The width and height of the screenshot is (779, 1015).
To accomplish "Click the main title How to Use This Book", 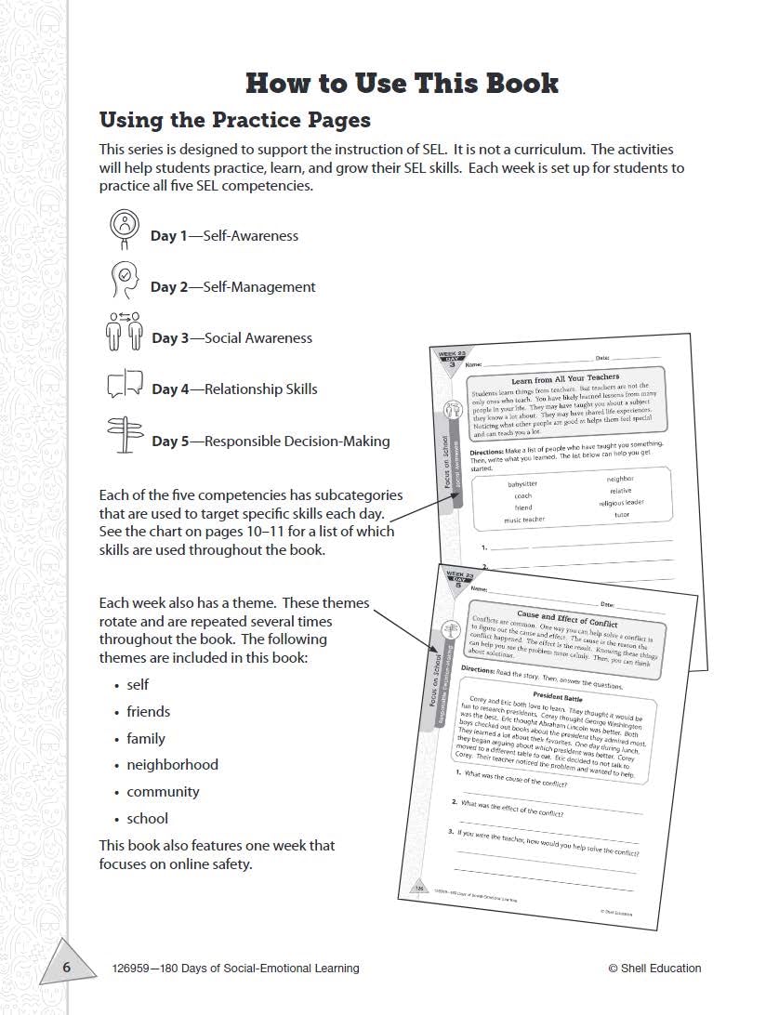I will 402,83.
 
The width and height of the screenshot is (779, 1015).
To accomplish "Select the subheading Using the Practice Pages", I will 234,120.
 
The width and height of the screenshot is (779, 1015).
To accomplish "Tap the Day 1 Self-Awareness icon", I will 124,226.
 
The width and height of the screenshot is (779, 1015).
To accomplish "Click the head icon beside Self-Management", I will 124,278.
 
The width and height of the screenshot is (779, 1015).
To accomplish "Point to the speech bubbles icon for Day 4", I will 125,384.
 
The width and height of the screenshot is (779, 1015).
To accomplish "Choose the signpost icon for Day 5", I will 124,434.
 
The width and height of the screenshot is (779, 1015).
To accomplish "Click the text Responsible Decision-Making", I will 297,442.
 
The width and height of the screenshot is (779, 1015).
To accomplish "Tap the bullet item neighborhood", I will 172,765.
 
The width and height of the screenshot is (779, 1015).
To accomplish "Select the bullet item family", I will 146,739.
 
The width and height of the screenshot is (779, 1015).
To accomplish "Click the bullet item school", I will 148,819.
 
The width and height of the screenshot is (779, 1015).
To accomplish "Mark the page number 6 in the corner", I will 66,968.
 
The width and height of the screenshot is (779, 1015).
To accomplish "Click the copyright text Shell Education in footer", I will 654,969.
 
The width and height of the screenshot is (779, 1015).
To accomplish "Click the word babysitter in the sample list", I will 522,484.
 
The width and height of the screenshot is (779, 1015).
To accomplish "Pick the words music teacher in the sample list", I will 524,520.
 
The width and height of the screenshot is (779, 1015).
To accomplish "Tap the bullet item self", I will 138,685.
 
